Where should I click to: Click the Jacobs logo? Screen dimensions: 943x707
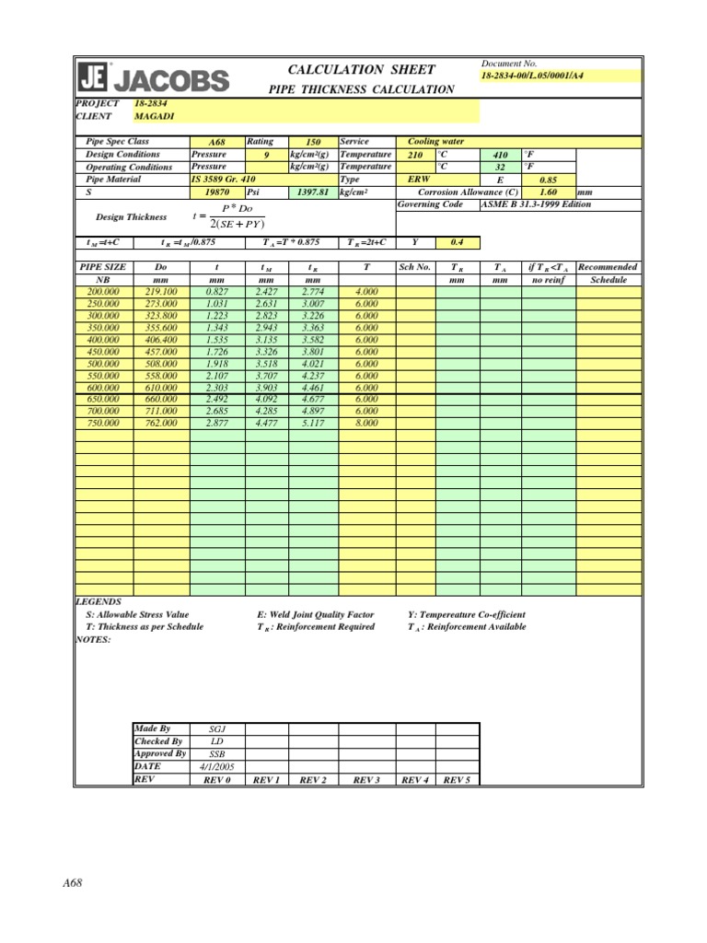[153, 77]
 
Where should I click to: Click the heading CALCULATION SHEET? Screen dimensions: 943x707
[362, 70]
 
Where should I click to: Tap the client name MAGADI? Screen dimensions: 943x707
[154, 117]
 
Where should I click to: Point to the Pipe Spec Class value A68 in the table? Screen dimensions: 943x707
[216, 143]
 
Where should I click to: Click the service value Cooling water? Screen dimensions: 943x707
[436, 142]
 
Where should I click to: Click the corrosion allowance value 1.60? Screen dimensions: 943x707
[549, 192]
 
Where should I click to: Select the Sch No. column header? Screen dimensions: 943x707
[414, 267]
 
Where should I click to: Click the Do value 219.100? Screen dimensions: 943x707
[161, 291]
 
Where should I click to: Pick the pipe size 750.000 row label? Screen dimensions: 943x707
[103, 423]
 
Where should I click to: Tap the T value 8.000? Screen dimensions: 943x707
[366, 423]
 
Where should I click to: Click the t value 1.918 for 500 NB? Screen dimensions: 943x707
[217, 363]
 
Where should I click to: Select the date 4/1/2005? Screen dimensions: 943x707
[216, 766]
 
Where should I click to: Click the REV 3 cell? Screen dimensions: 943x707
[366, 779]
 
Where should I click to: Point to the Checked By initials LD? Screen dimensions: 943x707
[216, 741]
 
